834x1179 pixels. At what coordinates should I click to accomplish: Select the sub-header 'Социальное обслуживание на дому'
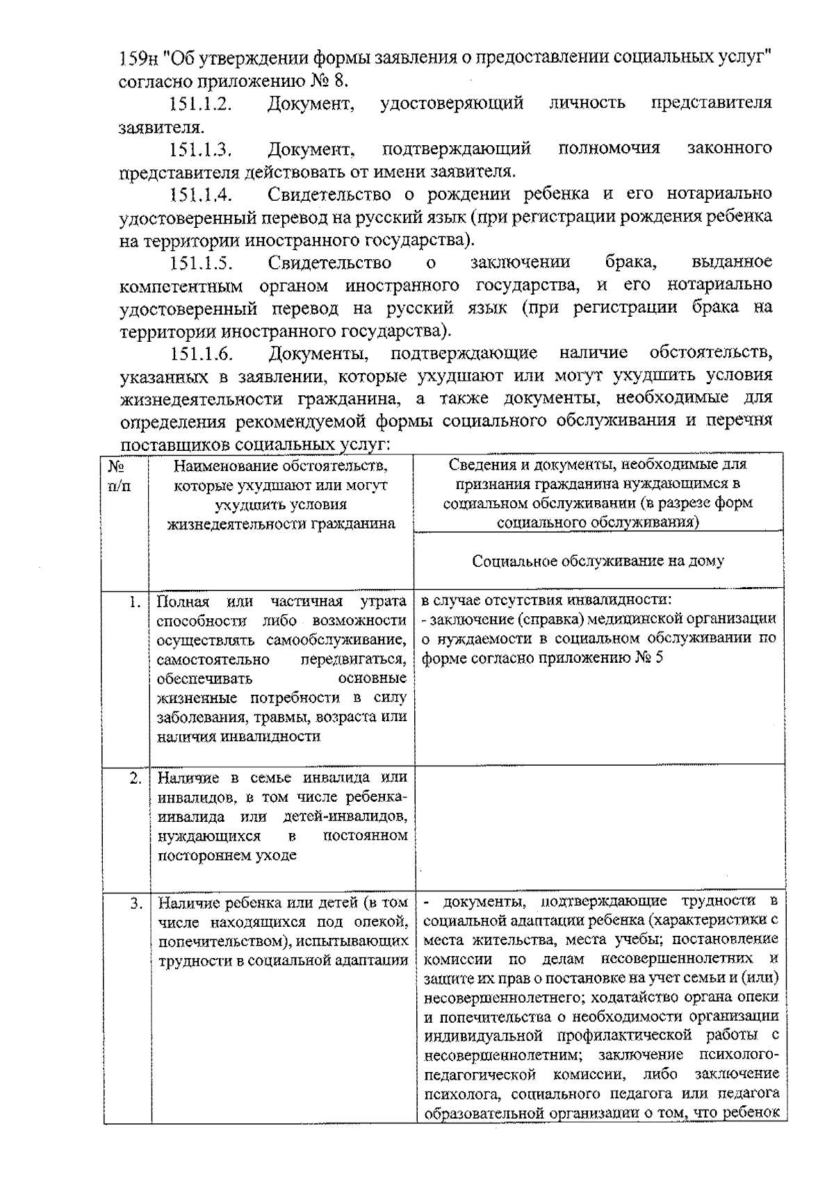(x=598, y=561)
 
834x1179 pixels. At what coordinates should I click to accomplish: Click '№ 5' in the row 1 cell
(x=649, y=658)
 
